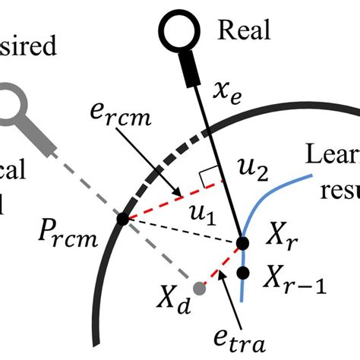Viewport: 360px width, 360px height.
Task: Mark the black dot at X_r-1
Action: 244,272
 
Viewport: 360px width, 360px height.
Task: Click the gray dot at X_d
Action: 200,289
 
